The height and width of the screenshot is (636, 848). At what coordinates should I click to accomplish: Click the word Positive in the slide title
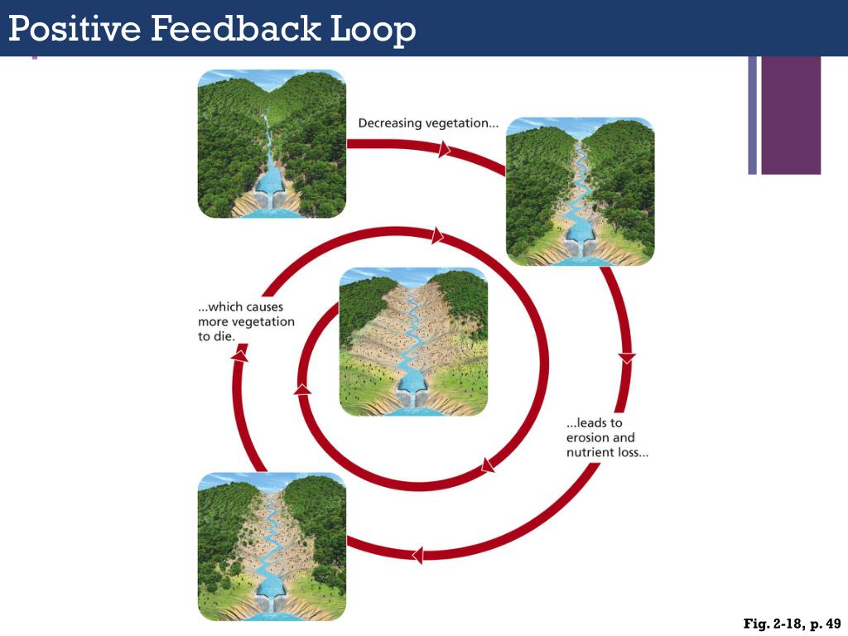tap(75, 29)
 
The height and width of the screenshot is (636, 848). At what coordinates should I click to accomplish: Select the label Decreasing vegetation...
tap(428, 123)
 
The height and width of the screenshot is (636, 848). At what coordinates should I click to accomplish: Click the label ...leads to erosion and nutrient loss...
tap(607, 438)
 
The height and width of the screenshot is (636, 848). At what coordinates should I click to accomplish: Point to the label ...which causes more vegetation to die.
tap(246, 322)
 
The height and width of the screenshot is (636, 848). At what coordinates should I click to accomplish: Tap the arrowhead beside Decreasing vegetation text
tap(445, 150)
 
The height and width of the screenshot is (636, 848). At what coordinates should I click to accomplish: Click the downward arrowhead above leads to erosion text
tap(627, 358)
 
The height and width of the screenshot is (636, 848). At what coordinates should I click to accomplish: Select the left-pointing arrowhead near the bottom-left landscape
tap(417, 554)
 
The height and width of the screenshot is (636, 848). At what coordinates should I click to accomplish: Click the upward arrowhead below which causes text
tap(239, 355)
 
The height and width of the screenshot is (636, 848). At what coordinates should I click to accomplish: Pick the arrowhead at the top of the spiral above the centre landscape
tap(437, 237)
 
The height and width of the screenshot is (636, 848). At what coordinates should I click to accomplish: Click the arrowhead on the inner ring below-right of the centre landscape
tap(488, 465)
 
